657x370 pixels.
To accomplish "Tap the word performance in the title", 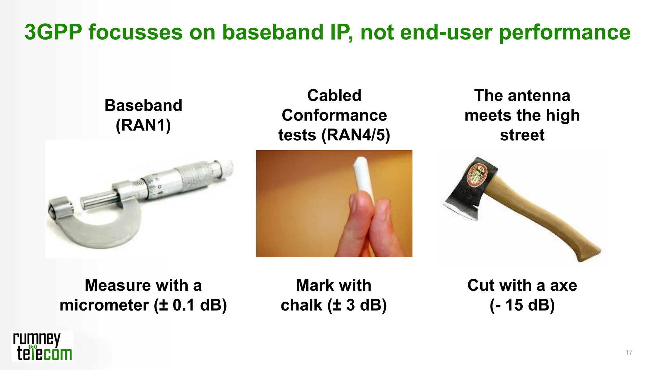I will pos(565,33).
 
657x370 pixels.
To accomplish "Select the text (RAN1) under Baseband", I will pos(143,125).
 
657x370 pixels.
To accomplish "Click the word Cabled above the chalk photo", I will pos(334,95).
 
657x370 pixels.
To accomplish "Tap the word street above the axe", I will pos(522,135).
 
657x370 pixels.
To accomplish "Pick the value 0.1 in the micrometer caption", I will pos(183,305).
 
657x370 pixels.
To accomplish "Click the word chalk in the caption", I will pos(301,305).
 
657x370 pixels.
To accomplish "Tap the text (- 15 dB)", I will pos(522,305).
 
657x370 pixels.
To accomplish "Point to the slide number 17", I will pos(629,352).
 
